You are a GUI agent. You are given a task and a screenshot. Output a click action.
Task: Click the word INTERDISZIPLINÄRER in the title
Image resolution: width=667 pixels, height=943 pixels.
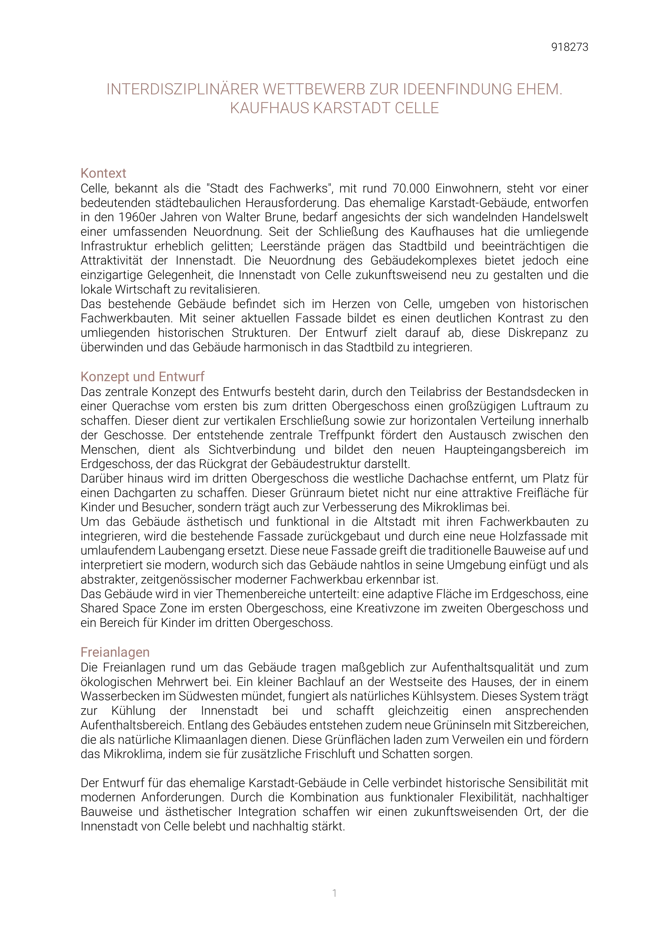(x=182, y=89)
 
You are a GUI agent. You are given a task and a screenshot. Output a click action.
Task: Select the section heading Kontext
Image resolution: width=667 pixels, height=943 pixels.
(x=103, y=173)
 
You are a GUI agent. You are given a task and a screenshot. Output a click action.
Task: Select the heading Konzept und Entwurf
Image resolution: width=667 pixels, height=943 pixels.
(x=142, y=377)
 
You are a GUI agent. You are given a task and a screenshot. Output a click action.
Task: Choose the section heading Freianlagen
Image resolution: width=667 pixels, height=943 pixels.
(x=115, y=652)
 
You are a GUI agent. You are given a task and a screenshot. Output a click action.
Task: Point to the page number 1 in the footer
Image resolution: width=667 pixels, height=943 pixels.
(x=334, y=893)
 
